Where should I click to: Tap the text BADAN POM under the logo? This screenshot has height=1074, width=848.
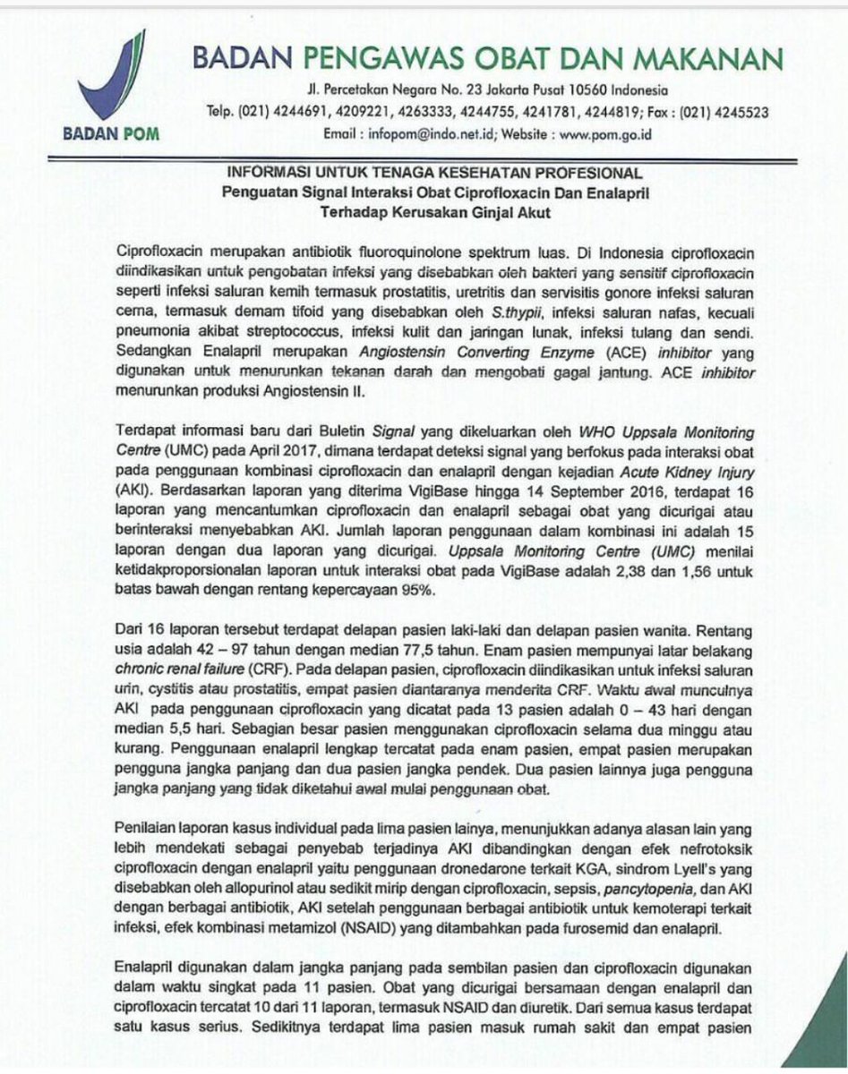(113, 136)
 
